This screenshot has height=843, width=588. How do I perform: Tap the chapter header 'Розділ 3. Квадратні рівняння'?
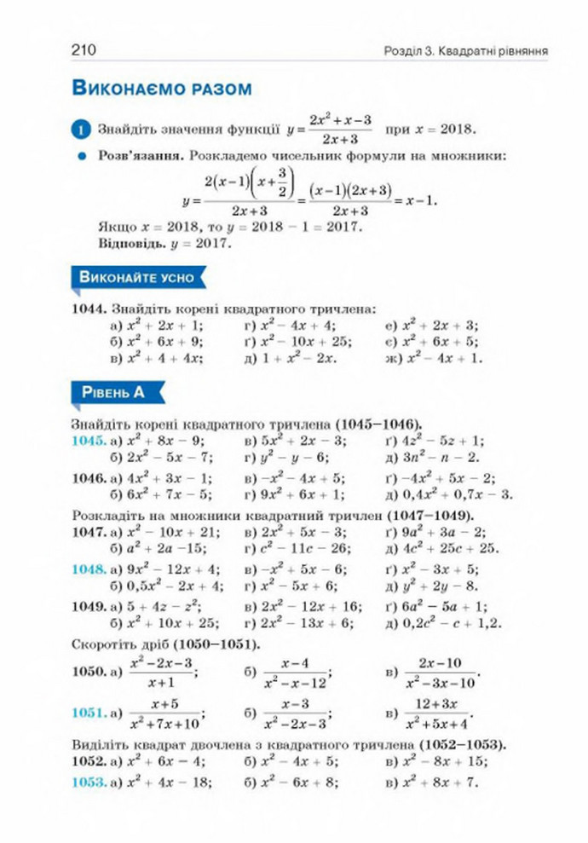(x=463, y=51)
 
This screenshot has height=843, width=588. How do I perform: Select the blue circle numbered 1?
(x=82, y=130)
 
